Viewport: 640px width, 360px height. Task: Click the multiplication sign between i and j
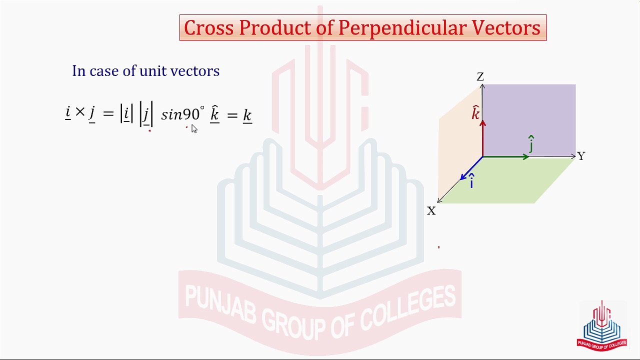click(80, 112)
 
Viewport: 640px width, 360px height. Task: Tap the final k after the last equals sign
click(247, 115)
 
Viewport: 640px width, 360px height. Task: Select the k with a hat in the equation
click(214, 114)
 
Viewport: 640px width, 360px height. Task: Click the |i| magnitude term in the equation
click(126, 114)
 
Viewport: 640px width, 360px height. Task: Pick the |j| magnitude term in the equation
click(146, 115)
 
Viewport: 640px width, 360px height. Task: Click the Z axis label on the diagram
click(480, 77)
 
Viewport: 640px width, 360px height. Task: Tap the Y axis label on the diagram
click(581, 156)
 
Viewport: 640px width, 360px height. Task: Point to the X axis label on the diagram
click(431, 211)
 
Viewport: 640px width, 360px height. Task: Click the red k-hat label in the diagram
click(475, 113)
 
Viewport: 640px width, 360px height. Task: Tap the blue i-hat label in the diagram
click(471, 182)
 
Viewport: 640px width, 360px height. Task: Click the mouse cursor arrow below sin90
click(194, 129)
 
